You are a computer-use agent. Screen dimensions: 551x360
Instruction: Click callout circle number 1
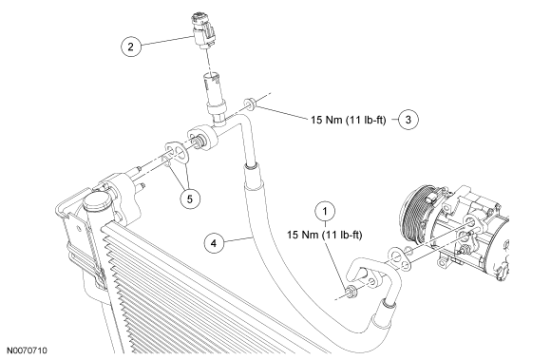[x=325, y=212]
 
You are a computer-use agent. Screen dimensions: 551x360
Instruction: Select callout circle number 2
[x=131, y=47]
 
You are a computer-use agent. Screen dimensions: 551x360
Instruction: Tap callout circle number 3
[x=408, y=120]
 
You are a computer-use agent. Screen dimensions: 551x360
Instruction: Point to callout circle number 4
[x=214, y=243]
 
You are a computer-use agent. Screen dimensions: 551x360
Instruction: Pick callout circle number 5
[x=190, y=199]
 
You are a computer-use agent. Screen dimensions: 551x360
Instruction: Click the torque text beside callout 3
[x=349, y=120]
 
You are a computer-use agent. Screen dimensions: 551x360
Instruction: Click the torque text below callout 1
[x=324, y=235]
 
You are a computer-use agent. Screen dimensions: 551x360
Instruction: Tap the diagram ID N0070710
[x=27, y=351]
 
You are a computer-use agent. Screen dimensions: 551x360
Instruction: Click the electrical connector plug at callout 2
[x=204, y=30]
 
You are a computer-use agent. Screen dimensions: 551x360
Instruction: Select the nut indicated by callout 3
[x=250, y=104]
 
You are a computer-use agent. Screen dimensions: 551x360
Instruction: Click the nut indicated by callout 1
[x=351, y=291]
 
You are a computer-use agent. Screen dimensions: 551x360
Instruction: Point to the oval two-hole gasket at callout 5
[x=177, y=152]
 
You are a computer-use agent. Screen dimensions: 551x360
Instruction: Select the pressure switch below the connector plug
[x=215, y=98]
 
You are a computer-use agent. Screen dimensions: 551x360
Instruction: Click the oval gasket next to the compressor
[x=400, y=259]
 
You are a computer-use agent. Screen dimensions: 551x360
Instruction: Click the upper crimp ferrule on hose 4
[x=253, y=178]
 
